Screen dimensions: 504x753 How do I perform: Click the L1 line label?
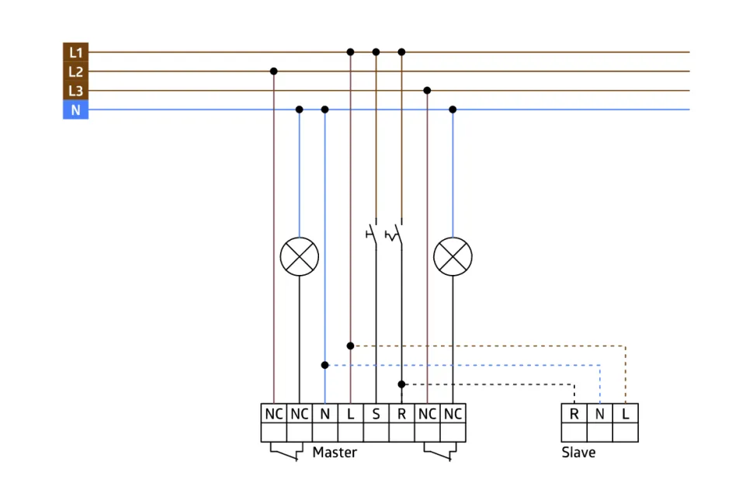pos(75,52)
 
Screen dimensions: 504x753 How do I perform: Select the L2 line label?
pos(75,71)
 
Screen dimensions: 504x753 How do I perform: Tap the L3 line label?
pos(75,91)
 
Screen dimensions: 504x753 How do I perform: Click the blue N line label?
pos(75,110)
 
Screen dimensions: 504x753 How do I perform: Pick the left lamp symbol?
pos(299,256)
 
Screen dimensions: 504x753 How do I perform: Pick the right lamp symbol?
pos(453,256)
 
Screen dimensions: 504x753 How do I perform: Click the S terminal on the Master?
pos(376,414)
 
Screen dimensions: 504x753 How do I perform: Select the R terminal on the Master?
pos(401,414)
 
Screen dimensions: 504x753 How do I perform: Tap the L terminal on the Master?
pos(350,414)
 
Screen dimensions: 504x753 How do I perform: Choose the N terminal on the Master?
pos(324,414)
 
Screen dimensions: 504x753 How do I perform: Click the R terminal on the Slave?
pos(574,414)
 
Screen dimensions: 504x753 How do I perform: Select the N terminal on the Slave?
pos(599,414)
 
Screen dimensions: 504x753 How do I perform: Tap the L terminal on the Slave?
pos(625,414)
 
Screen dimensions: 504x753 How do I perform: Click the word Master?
pos(335,452)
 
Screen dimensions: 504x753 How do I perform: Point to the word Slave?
pos(578,452)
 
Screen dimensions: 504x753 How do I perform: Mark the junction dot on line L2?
pos(273,71)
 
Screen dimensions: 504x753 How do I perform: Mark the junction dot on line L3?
pos(427,91)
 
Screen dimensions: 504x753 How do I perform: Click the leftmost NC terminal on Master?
pos(273,414)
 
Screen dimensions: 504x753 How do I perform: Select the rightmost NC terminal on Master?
pos(453,414)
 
